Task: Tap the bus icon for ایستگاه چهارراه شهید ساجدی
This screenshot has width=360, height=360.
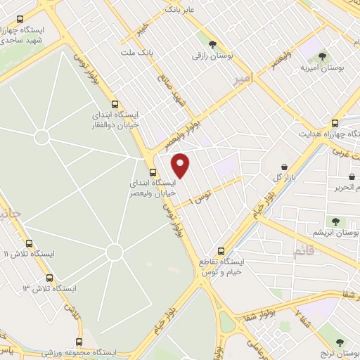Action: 19,20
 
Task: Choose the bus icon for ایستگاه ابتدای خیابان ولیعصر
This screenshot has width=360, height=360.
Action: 153,172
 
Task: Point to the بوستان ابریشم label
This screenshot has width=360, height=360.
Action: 336,231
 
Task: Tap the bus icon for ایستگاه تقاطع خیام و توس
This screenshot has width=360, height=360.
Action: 221,250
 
